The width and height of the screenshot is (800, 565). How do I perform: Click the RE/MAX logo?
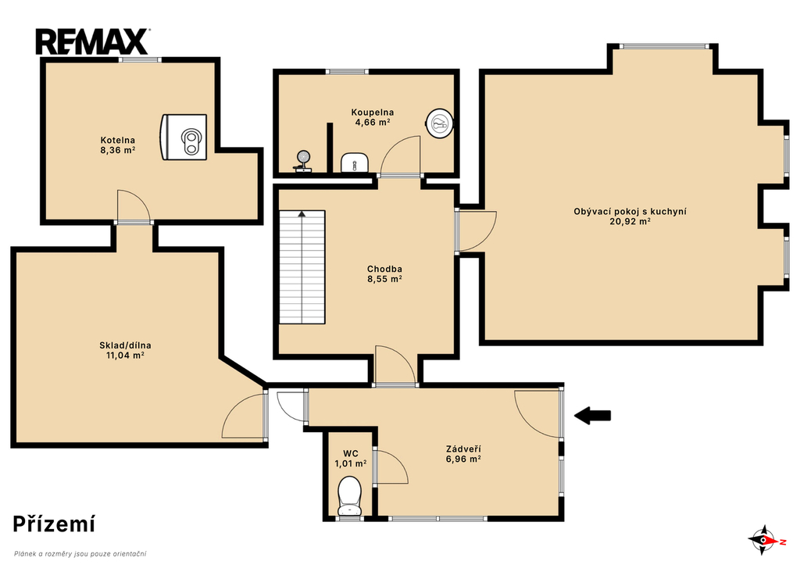coord(92,42)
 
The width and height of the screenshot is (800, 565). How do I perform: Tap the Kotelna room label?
coord(118,140)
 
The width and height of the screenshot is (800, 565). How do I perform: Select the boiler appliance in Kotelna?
coord(184,138)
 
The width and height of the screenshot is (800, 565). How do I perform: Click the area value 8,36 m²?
coord(118,150)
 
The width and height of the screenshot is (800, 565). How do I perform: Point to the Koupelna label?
coord(373,113)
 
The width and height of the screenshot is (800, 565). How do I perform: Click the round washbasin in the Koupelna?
coord(439,123)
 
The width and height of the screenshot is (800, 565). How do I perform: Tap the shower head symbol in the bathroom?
coord(303,161)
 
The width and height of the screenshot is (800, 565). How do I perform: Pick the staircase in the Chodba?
coord(302,267)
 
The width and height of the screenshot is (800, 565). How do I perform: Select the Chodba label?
coord(384,269)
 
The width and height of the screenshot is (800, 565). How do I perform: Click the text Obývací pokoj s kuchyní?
coord(630,211)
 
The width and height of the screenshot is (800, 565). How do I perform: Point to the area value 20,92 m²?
coord(630,221)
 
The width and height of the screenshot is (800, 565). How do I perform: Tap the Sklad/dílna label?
coord(125,345)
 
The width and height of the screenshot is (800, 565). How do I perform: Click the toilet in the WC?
coord(349,495)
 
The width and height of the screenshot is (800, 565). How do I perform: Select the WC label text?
coord(351,454)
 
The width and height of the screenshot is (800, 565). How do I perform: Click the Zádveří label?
coord(463,449)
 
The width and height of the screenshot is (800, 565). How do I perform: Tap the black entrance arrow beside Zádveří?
coord(593,416)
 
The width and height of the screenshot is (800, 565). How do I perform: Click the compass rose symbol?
coord(764,540)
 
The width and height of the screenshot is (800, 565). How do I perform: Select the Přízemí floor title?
coord(54,524)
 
